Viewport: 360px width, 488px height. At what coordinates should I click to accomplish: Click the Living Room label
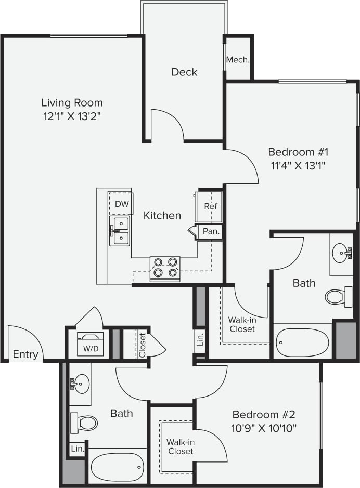(x=72, y=102)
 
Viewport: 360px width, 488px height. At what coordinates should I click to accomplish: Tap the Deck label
(x=184, y=72)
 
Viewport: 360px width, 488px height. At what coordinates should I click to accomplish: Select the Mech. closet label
(x=238, y=60)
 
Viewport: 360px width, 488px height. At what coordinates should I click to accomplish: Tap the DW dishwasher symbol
(x=121, y=203)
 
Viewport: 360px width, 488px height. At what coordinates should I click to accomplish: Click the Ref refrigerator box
(x=210, y=206)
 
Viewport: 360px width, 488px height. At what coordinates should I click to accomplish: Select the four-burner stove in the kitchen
(x=165, y=268)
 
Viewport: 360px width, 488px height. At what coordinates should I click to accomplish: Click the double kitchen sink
(x=120, y=231)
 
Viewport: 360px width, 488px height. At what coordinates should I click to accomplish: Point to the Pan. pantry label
(x=211, y=231)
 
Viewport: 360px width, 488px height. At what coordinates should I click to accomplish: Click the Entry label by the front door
(x=25, y=355)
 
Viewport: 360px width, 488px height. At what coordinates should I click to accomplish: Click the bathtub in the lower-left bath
(x=117, y=467)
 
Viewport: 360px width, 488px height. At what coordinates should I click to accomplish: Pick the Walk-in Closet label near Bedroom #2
(x=180, y=446)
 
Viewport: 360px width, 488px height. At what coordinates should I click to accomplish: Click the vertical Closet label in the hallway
(x=142, y=345)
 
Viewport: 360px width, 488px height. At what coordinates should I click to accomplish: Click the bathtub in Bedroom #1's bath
(x=302, y=342)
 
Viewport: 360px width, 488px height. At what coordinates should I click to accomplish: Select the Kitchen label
(x=162, y=215)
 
